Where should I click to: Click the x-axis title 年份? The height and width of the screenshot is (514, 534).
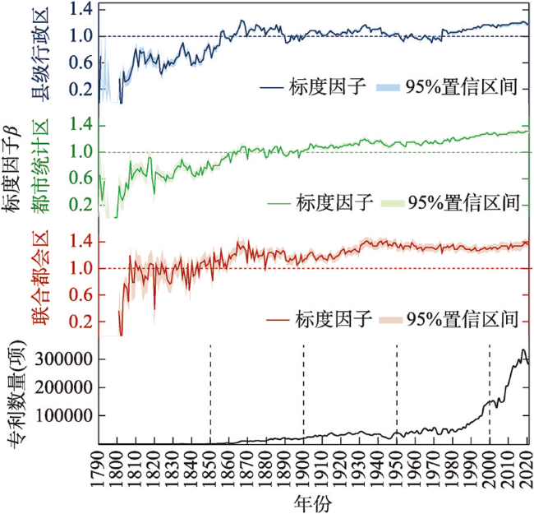313,500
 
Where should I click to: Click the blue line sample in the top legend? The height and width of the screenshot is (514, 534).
271,87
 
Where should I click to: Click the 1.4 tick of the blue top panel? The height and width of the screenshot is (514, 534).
81,9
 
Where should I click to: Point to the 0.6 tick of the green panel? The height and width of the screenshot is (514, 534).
81,178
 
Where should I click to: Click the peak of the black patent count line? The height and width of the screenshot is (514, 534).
522,350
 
